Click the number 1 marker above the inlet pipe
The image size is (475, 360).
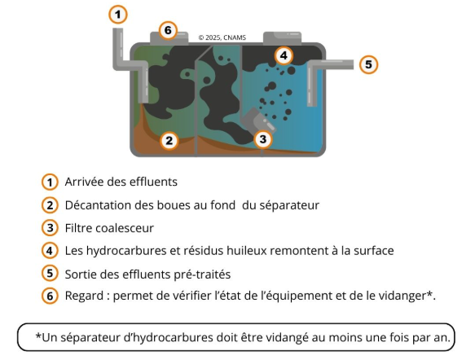click(x=118, y=15)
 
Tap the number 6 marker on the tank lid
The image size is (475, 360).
click(x=168, y=30)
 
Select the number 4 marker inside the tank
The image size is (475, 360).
click(x=284, y=55)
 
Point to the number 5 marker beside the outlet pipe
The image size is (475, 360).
click(x=368, y=64)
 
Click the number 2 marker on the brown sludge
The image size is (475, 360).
click(x=169, y=140)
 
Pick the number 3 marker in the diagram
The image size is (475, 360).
click(x=263, y=139)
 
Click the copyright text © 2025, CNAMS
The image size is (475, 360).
click(x=222, y=37)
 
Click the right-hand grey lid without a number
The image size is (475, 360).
click(x=282, y=38)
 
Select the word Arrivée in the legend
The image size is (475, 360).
click(x=84, y=182)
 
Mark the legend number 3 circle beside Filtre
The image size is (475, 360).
click(x=50, y=228)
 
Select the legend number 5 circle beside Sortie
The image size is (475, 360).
click(x=50, y=273)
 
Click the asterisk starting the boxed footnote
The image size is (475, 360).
click(x=38, y=336)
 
